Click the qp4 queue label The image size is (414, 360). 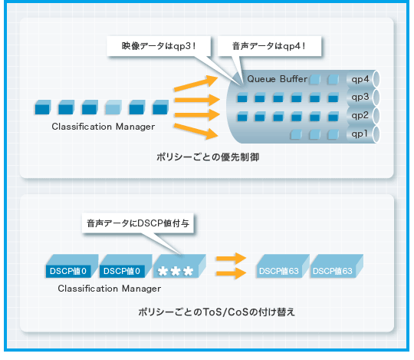pos(360,79)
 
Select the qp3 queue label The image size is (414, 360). pos(360,97)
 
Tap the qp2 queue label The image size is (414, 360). pos(360,115)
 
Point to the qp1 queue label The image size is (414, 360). pos(360,134)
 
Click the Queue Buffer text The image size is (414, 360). pos(277,79)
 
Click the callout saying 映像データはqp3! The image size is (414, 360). pos(159,46)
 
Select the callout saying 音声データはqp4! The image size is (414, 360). pos(269,46)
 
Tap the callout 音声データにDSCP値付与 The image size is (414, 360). pos(138,223)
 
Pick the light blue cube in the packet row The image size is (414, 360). pos(113,107)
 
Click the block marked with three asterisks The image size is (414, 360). pos(179,266)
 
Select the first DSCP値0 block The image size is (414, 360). pos(72,266)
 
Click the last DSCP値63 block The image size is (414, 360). pos(337,266)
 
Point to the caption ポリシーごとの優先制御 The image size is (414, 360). pos(208,157)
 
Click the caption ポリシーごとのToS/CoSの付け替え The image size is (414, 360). pos(216,312)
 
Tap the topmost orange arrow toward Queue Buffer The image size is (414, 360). pos(195,84)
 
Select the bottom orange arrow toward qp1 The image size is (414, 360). pos(195,131)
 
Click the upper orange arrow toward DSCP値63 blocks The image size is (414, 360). pos(231,258)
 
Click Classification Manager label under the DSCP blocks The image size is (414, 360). pos(110,289)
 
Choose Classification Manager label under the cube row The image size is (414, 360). pos(103,127)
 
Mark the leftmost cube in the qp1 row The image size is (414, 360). pos(296,134)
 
